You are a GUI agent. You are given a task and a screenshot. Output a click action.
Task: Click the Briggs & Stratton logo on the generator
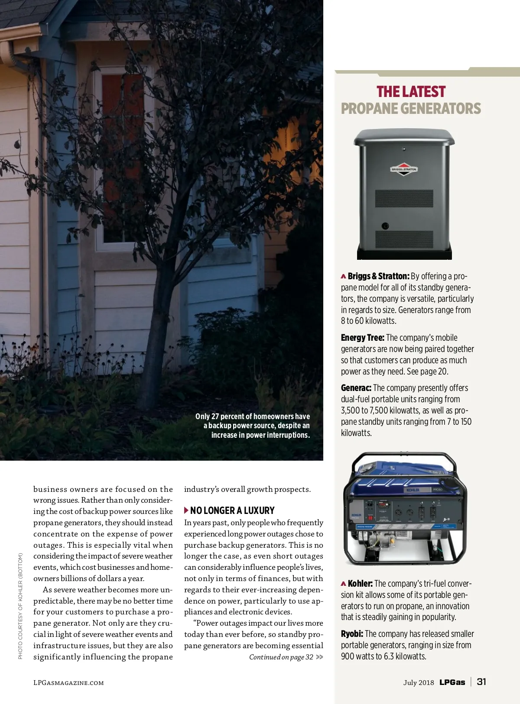click(x=404, y=169)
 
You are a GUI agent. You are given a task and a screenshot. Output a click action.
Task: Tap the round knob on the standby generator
click(x=385, y=226)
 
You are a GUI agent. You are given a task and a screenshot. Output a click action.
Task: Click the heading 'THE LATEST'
click(x=411, y=92)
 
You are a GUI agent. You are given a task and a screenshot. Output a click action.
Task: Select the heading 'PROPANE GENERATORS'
click(x=411, y=108)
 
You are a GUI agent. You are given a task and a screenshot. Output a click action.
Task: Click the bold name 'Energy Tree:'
click(x=362, y=338)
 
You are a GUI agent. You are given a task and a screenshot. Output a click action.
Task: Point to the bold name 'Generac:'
click(x=356, y=388)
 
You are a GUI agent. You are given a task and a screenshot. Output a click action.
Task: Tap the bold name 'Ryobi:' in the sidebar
click(x=352, y=634)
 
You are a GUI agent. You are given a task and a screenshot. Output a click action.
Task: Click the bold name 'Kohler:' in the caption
click(x=360, y=584)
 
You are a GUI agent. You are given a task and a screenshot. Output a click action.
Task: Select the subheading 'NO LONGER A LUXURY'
click(x=232, y=510)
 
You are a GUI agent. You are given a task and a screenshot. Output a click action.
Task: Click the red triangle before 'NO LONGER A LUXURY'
click(x=186, y=510)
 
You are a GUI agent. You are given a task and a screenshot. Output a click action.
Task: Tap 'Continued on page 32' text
click(x=281, y=657)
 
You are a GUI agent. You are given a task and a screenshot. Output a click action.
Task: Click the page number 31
click(x=481, y=681)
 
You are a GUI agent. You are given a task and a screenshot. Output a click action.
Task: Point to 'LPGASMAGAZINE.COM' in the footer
click(x=68, y=683)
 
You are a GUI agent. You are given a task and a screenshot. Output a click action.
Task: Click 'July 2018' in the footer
click(x=418, y=682)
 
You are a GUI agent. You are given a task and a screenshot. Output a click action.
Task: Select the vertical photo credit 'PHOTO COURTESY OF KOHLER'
click(x=20, y=606)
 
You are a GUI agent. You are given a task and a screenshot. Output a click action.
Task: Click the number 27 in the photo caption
click(x=216, y=417)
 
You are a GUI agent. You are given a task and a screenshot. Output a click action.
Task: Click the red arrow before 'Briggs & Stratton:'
click(x=343, y=276)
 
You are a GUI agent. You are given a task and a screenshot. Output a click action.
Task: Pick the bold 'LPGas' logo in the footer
click(x=452, y=682)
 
